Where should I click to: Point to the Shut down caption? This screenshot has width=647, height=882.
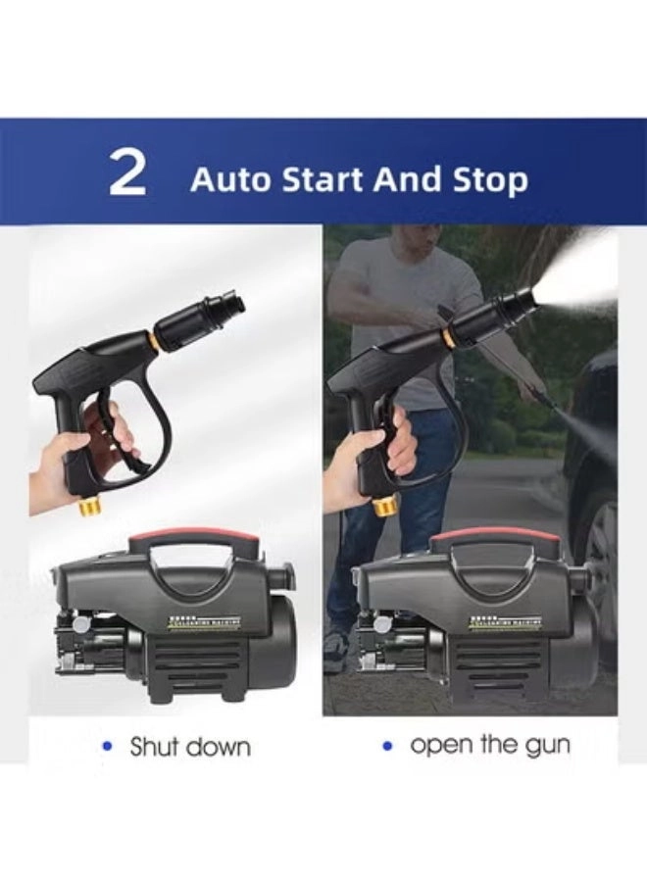189,747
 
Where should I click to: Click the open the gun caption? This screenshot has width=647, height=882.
489,745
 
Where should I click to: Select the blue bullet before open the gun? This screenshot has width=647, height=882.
387,746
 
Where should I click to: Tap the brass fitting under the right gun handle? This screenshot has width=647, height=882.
384,506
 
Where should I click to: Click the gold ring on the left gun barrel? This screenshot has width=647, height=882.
156,340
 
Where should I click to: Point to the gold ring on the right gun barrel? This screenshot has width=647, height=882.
448,338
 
